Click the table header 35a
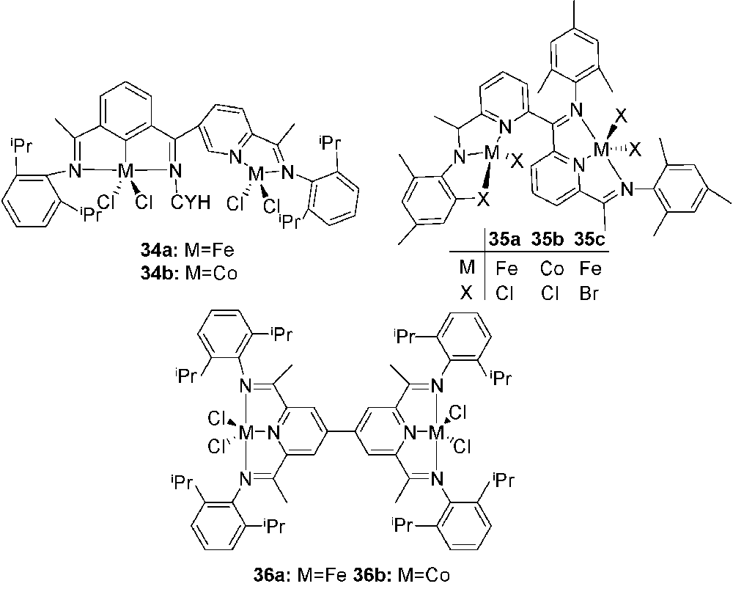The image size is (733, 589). coord(504,240)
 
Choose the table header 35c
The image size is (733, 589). coord(590,240)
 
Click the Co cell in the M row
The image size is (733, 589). coord(552,268)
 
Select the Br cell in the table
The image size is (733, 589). coord(589,294)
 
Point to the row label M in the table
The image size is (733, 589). coord(466,268)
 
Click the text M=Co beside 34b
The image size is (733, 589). coord(211,272)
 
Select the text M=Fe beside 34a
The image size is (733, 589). coord(209,250)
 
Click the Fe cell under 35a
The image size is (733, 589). coord(507,268)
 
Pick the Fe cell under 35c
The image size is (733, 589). coord(590,268)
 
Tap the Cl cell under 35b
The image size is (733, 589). coord(550,294)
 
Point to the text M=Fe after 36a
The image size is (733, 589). coord(322,575)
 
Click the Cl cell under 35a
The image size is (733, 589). coord(504,294)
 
